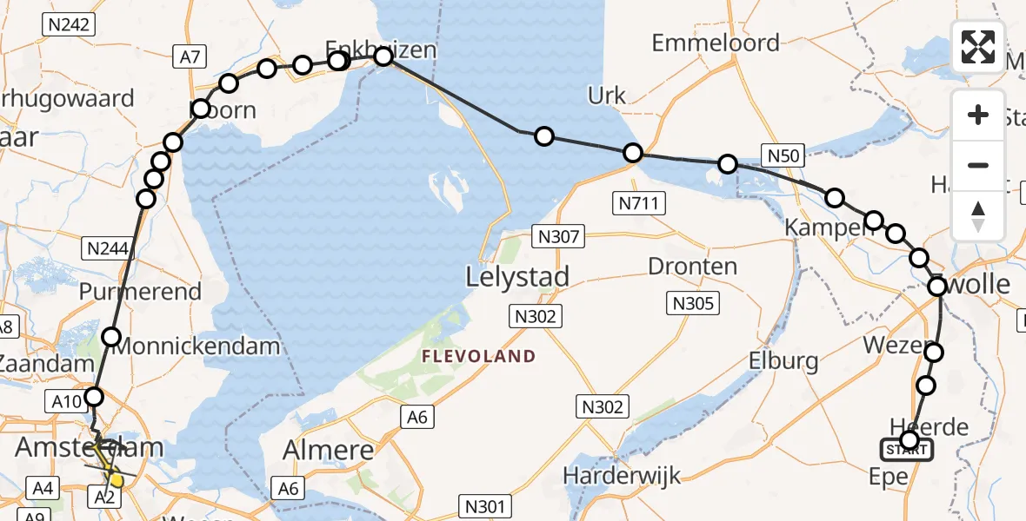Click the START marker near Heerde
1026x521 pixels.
click(x=908, y=450)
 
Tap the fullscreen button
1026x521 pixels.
click(x=978, y=47)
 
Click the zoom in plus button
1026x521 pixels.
click(x=978, y=115)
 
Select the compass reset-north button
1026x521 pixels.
click(x=978, y=216)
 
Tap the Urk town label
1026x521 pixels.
click(x=607, y=96)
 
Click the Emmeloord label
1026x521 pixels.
click(x=715, y=43)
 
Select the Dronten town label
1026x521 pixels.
click(x=693, y=267)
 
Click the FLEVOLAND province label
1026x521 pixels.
click(x=478, y=356)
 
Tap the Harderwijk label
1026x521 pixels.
click(x=621, y=475)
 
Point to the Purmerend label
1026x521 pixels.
click(x=140, y=292)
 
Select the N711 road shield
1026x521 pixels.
click(x=639, y=204)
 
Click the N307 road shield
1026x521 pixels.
click(x=559, y=235)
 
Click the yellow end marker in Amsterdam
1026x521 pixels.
click(x=115, y=479)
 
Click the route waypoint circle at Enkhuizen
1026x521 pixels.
click(x=383, y=57)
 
